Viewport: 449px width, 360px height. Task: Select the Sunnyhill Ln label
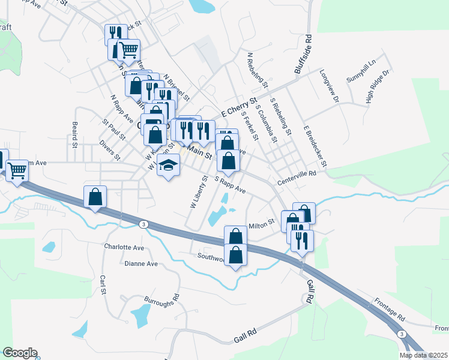361,71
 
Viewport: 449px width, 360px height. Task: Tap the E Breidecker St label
315,146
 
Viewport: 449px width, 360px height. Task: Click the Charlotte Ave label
124,247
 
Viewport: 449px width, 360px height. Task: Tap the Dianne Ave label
141,263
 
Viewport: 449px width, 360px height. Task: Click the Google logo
20,353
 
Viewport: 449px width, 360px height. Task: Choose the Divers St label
110,151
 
